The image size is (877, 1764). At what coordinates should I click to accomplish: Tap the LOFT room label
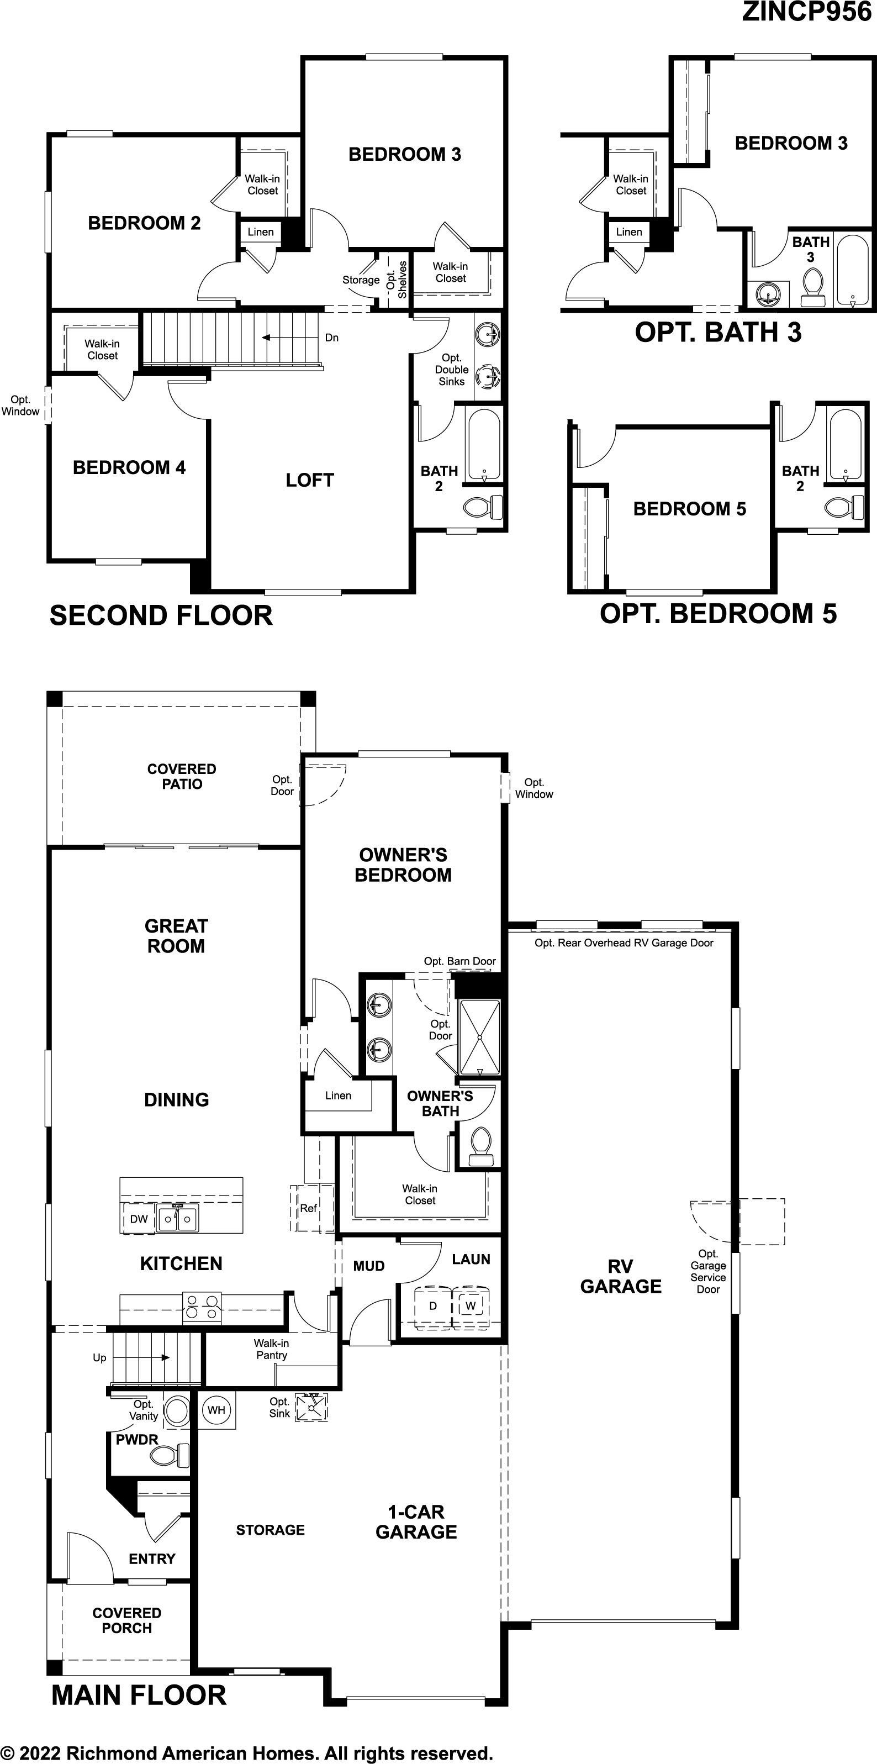(x=310, y=481)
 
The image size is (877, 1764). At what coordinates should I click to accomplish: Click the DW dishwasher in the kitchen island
(x=139, y=1219)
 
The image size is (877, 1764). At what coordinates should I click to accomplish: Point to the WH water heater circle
(x=216, y=1409)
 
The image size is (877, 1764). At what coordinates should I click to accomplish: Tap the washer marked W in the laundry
(x=471, y=1306)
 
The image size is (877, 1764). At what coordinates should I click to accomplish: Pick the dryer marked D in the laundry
(x=432, y=1306)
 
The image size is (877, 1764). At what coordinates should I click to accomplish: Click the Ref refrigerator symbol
(x=309, y=1209)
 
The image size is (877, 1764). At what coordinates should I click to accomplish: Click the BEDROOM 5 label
(x=689, y=509)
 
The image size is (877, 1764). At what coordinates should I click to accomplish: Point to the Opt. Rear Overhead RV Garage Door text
(x=624, y=943)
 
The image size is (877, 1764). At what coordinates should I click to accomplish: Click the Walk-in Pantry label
(x=271, y=1349)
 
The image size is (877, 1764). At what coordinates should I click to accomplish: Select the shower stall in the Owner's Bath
(x=480, y=1038)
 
